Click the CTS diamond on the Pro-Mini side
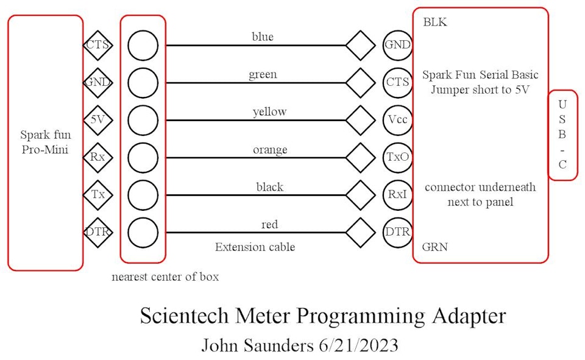pos(97,45)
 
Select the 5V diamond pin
pos(97,120)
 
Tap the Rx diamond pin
pos(97,157)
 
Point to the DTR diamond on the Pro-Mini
pos(97,232)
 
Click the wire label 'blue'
pos(263,37)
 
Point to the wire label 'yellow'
pos(269,112)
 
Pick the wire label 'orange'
pos(270,149)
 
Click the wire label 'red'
pos(269,225)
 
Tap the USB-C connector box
pos(562,135)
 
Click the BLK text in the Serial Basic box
pos(435,23)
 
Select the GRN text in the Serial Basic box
pos(435,247)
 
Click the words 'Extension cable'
pos(255,247)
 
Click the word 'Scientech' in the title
pos(183,317)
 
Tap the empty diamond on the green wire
pos(361,83)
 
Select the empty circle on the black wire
pos(143,195)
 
